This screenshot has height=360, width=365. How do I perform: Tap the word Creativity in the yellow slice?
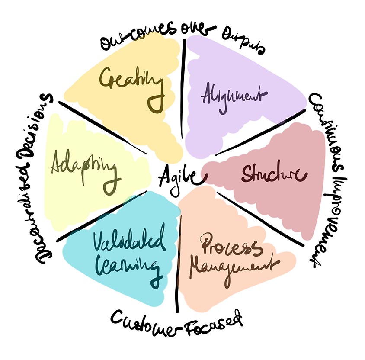coord(132,82)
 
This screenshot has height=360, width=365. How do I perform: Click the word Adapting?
coord(84,166)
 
